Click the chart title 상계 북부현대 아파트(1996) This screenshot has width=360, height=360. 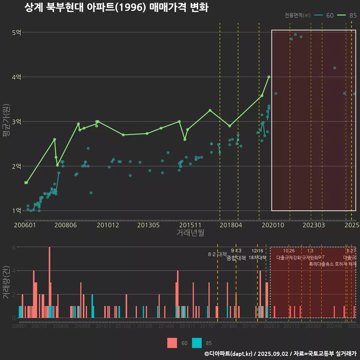tap(116, 7)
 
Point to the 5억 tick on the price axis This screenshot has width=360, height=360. tap(17, 32)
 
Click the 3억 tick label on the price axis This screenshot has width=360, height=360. tap(17, 121)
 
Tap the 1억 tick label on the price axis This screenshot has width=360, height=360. tap(17, 211)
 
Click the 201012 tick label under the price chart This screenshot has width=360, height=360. tap(108, 225)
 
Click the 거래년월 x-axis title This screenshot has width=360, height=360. tap(190, 233)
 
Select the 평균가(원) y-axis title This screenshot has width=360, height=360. tap(6, 121)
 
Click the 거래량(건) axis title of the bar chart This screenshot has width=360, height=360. tap(6, 282)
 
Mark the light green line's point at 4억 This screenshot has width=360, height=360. tap(269, 77)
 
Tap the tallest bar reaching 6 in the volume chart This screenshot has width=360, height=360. tap(49, 282)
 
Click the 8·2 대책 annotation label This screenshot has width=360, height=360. tap(217, 254)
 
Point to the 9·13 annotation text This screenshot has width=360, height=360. tap(236, 250)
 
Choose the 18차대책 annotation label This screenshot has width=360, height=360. tap(257, 258)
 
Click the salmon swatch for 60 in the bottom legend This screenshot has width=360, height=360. tap(172, 343)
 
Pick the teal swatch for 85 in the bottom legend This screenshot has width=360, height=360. tap(197, 343)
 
